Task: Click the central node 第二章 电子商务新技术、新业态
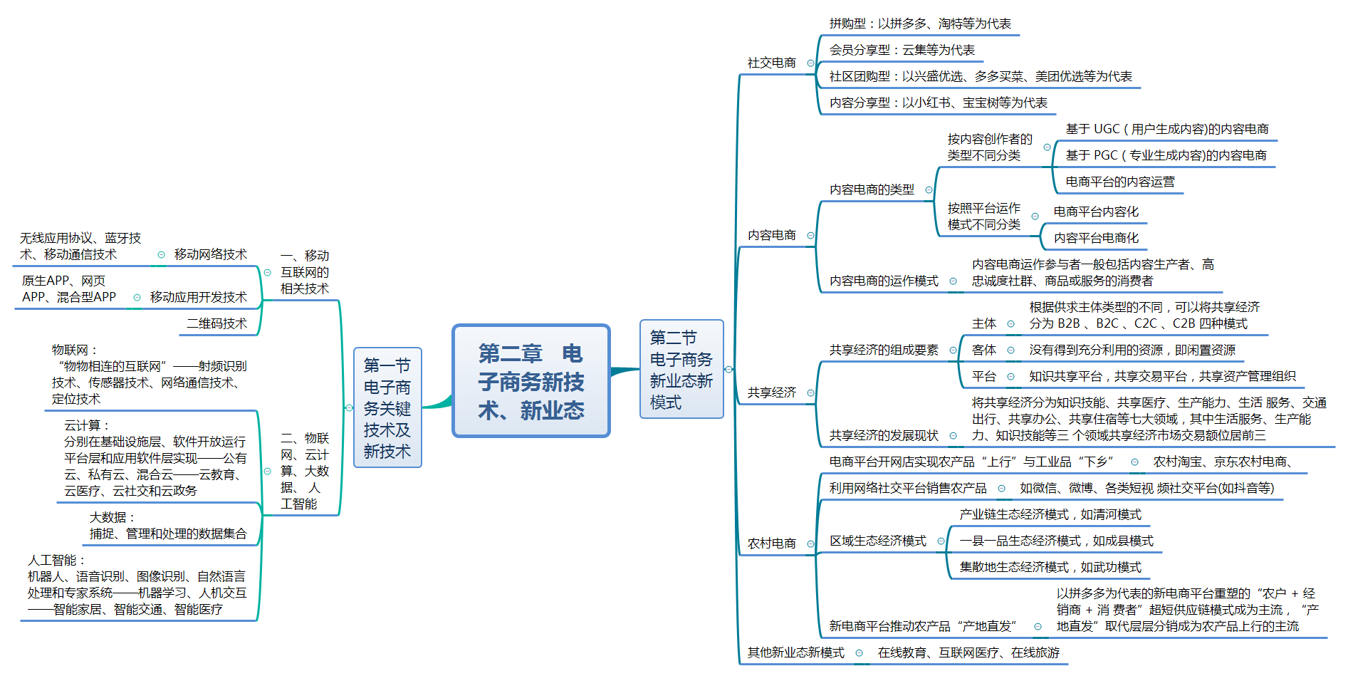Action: click(x=531, y=381)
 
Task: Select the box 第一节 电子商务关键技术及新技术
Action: click(x=387, y=407)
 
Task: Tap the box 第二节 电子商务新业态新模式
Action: click(x=681, y=369)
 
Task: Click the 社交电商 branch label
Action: click(x=771, y=63)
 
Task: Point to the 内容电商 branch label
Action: click(x=771, y=235)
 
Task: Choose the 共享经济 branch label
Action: click(x=771, y=392)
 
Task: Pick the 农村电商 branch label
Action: click(x=771, y=544)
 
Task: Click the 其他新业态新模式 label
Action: click(x=795, y=652)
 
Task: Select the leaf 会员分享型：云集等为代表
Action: click(x=902, y=50)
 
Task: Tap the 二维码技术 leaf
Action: click(x=216, y=323)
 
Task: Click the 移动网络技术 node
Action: click(x=210, y=254)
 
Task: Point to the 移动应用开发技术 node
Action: click(x=198, y=297)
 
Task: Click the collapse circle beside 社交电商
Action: click(x=810, y=63)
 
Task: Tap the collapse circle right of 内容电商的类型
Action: click(x=929, y=190)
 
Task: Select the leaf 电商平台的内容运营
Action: click(x=1119, y=182)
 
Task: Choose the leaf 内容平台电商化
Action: click(x=1096, y=238)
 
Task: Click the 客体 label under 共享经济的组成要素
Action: click(x=983, y=350)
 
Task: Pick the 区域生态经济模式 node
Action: click(x=877, y=541)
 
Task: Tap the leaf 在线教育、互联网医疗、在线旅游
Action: click(x=968, y=652)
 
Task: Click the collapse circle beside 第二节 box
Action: click(x=728, y=369)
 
